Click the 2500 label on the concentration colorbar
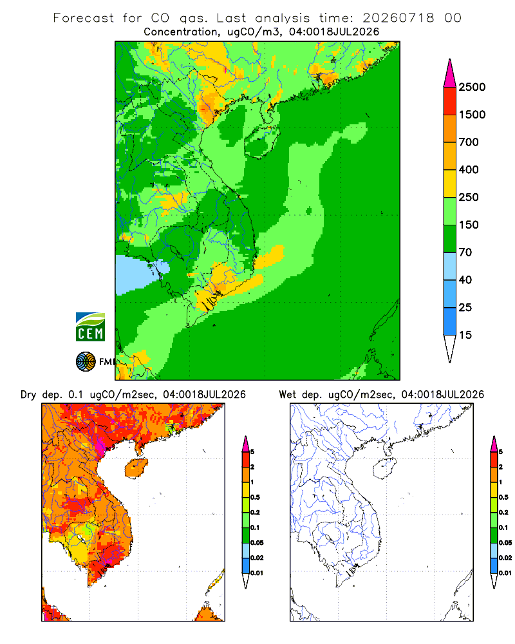click(472, 87)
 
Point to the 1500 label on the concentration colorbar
click(472, 115)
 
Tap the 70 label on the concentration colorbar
click(465, 252)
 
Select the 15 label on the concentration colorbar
click(465, 335)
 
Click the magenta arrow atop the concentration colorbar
click(450, 74)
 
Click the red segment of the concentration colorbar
click(450, 101)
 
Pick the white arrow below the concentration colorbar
click(450, 348)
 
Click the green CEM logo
click(90, 327)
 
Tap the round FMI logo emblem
click(86, 362)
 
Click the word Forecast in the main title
click(84, 18)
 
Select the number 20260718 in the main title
click(398, 18)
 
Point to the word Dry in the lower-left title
click(28, 395)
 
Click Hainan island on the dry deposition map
click(136, 468)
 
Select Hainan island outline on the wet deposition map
click(385, 468)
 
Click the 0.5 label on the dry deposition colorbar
click(255, 497)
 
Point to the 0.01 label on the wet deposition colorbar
click(505, 573)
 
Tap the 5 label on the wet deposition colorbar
click(501, 452)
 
